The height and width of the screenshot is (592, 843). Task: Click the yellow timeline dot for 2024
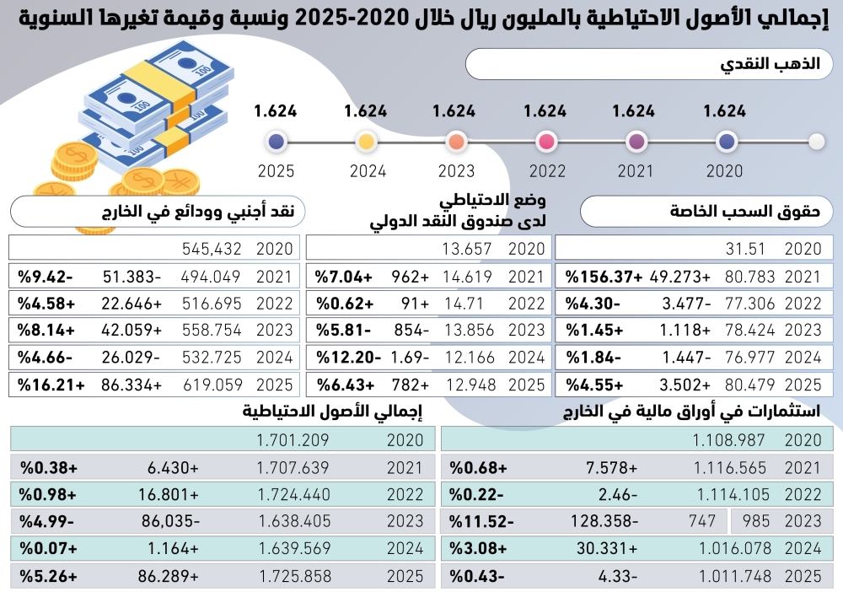point(366,142)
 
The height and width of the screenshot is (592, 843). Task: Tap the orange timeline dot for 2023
point(456,142)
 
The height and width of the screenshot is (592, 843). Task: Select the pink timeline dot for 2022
point(545,142)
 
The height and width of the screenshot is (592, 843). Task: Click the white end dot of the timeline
point(816,142)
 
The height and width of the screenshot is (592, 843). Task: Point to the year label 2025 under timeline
point(276,171)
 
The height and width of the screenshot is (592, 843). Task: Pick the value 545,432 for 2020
point(212,249)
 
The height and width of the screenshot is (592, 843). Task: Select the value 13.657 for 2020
point(465,249)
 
